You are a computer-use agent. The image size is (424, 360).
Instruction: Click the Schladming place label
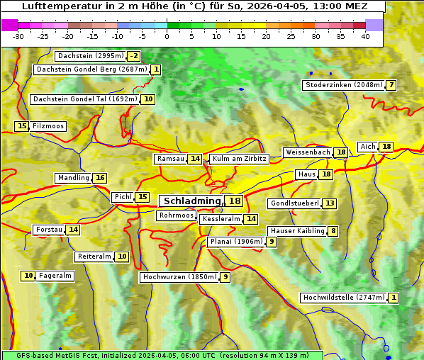click(192, 201)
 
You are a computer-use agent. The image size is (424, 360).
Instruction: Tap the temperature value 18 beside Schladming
click(234, 201)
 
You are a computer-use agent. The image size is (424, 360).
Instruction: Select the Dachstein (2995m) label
click(90, 56)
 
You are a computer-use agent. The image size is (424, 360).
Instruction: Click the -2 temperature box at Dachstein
click(134, 56)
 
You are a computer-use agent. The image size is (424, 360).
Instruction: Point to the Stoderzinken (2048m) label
click(343, 85)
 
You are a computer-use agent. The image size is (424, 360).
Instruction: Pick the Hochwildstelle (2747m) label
click(344, 298)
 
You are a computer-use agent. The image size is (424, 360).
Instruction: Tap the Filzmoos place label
click(48, 126)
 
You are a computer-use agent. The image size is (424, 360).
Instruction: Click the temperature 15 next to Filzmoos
click(21, 126)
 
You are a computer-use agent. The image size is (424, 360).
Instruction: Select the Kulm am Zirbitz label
click(239, 159)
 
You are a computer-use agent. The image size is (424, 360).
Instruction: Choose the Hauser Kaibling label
click(297, 231)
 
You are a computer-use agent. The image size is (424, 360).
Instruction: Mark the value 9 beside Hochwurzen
click(225, 277)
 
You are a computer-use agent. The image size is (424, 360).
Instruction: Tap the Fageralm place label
click(55, 276)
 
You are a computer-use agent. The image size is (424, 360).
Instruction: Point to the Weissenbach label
click(308, 152)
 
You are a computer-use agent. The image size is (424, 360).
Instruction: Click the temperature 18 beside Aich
click(386, 147)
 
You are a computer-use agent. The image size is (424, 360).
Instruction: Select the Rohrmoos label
click(176, 215)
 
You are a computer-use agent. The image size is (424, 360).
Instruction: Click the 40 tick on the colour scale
click(365, 36)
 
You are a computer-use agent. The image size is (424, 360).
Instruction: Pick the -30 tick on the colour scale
click(18, 36)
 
